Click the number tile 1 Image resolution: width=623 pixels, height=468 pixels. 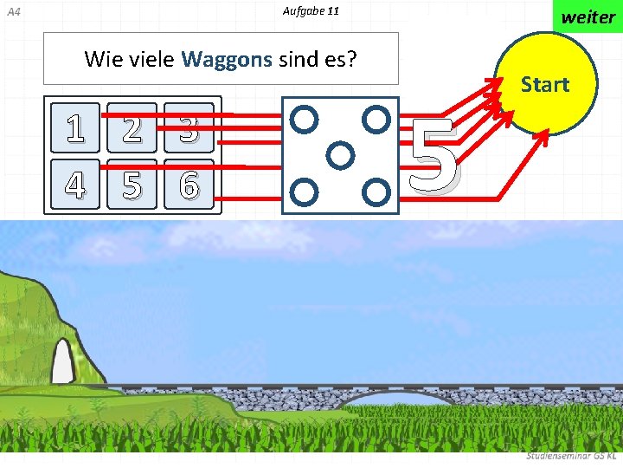[x=76, y=128]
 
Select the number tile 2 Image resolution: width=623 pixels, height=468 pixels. [x=132, y=128]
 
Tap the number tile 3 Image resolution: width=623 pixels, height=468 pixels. [x=189, y=128]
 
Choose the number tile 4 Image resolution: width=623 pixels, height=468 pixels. [x=76, y=185]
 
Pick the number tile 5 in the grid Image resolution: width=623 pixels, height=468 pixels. [x=132, y=185]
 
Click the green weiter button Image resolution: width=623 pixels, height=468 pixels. [x=588, y=16]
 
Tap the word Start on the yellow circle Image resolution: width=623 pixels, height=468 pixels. [x=545, y=84]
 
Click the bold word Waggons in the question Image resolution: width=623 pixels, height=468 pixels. [x=227, y=59]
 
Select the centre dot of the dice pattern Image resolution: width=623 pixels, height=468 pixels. [x=341, y=154]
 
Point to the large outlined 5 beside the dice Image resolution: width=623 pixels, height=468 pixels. [x=434, y=156]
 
